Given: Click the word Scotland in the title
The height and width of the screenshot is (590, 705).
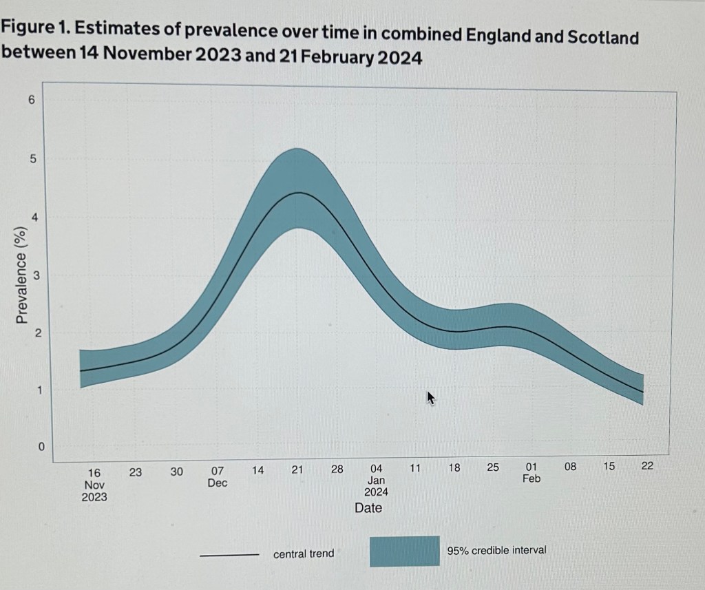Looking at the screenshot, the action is pos(603,37).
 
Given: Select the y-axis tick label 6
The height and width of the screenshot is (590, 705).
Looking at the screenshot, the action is pos(32,100).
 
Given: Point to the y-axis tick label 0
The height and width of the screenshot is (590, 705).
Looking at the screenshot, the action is pos(41,447).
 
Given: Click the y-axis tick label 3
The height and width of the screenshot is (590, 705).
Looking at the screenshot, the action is pos(36,275).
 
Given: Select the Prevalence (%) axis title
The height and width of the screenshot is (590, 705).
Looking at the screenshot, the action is pos(21,275).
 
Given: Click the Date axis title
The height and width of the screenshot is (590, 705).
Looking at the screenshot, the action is pos(368,508).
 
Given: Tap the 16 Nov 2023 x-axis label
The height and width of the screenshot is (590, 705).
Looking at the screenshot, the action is pos(94,485).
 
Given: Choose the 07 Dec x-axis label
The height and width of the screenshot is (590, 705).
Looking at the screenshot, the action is pos(217,476).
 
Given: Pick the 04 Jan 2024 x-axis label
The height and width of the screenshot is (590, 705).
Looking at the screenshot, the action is pos(376,481).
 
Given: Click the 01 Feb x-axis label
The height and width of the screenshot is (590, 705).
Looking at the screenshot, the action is pos(531,473).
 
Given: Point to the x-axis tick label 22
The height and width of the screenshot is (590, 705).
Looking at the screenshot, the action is pos(647,466).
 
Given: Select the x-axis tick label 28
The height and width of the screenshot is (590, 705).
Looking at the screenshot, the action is pos(337,469).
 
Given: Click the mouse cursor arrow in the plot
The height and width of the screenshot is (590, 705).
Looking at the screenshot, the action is pos(431,398).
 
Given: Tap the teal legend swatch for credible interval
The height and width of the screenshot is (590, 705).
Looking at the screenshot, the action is pos(405,551).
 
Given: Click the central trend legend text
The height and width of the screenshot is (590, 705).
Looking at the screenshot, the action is pos(304,554).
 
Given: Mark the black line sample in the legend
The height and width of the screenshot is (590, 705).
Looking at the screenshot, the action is pos(229,556).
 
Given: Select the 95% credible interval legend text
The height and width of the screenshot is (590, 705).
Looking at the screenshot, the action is pos(497,550).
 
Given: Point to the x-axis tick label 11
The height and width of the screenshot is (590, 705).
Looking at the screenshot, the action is pos(415,468).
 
